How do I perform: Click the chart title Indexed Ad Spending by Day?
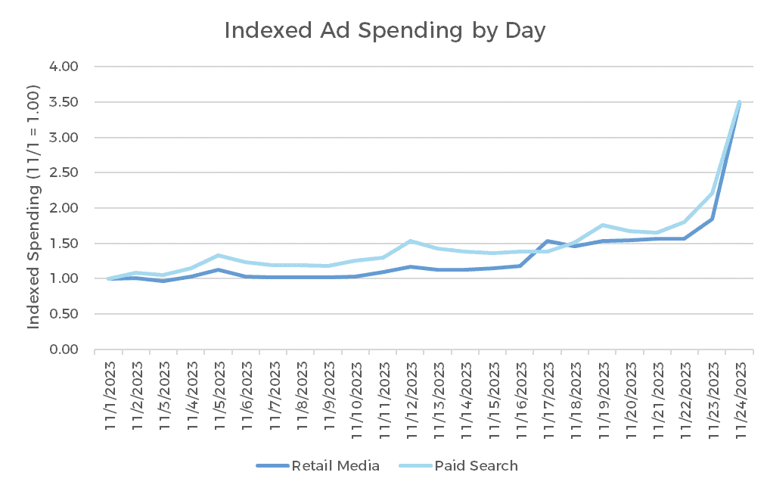click(385, 31)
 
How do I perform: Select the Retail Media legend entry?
click(318, 465)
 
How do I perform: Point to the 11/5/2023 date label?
click(219, 395)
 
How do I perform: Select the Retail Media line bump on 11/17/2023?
click(548, 241)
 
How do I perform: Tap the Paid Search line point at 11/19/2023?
click(602, 225)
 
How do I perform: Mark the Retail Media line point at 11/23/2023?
click(712, 219)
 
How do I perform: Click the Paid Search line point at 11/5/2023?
click(219, 256)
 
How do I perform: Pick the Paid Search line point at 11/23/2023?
click(712, 194)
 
